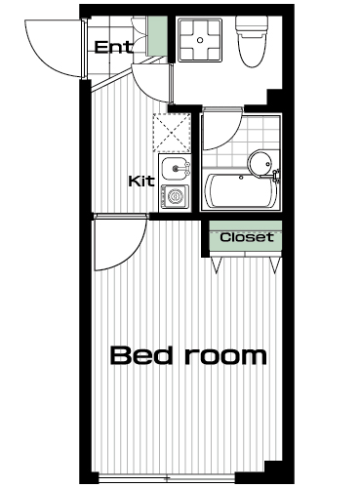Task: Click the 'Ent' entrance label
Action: (113, 47)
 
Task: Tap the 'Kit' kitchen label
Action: (141, 182)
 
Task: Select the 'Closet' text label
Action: (247, 237)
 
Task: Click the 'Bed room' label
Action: (188, 355)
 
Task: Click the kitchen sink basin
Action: (176, 168)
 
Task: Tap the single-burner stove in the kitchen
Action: (176, 197)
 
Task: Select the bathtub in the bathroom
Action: (241, 191)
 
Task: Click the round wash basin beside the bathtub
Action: (260, 163)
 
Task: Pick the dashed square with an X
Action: (172, 133)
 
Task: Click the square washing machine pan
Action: (200, 40)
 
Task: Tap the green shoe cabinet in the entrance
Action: (157, 36)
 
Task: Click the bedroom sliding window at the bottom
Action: (167, 478)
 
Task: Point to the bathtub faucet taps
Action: (276, 175)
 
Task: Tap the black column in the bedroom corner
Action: (273, 471)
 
